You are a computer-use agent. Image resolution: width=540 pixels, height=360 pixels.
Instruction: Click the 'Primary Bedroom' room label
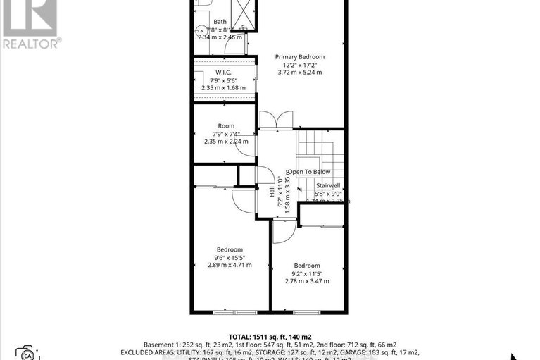(300, 56)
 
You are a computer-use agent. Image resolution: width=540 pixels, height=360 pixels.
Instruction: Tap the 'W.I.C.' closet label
(225, 73)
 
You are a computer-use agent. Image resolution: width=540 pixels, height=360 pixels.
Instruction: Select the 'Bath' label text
(220, 22)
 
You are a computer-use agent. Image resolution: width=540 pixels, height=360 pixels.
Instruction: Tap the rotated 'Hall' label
(270, 190)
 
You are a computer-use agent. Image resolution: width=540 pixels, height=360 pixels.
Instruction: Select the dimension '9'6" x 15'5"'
(230, 257)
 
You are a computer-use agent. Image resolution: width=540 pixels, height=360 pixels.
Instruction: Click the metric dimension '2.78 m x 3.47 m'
(307, 280)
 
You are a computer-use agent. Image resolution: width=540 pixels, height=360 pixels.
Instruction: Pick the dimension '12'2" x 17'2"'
(300, 64)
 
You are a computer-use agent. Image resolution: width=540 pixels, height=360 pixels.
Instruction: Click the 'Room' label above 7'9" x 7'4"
(226, 125)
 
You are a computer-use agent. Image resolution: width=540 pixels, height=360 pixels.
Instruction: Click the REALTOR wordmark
(30, 43)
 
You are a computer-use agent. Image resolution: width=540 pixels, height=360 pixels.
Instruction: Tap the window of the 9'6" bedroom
(234, 311)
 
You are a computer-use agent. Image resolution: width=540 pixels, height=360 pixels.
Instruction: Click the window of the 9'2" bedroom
(307, 311)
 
